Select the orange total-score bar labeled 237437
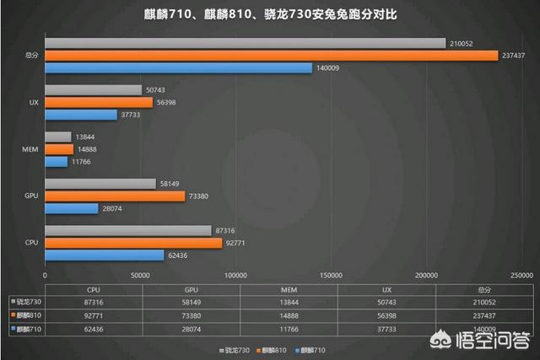[x=271, y=56]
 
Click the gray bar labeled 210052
[x=245, y=43]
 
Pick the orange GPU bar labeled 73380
[x=115, y=196]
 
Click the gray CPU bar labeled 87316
[x=127, y=230]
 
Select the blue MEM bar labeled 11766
[x=56, y=161]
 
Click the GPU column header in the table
[x=191, y=287]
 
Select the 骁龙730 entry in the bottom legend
[x=234, y=347]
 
